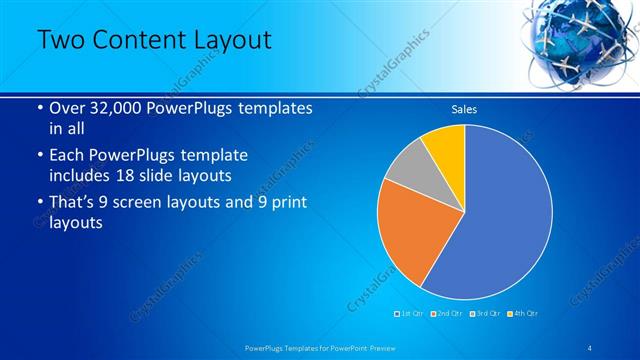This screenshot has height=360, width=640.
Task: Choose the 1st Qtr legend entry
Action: tap(409, 314)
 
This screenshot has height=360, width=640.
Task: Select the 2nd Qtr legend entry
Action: tap(446, 314)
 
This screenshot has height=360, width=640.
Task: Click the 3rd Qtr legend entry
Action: tap(484, 314)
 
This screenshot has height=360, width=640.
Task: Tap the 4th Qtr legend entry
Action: tap(522, 314)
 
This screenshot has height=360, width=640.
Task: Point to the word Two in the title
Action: tap(60, 40)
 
